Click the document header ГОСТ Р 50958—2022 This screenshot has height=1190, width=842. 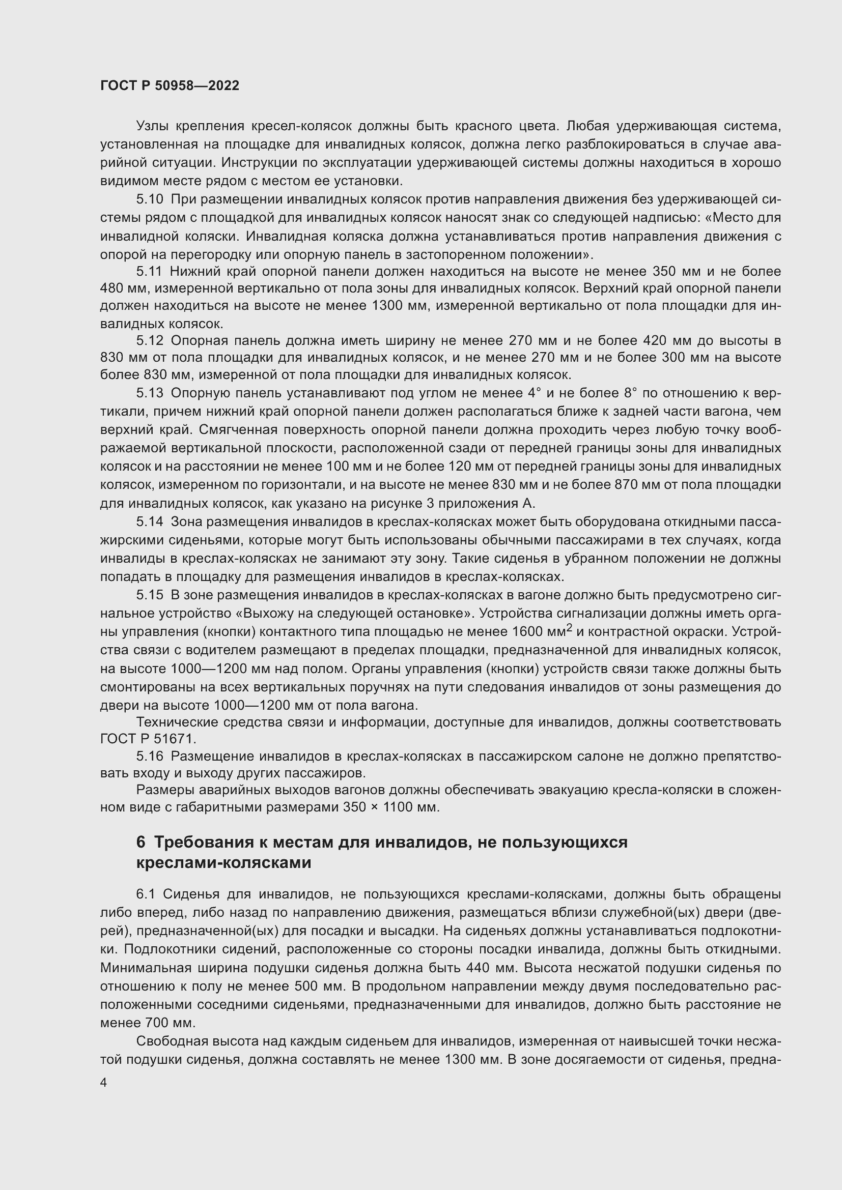170,86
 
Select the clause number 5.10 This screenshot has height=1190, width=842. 149,199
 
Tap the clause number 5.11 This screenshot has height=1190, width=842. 149,272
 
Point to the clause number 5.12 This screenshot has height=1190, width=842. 149,340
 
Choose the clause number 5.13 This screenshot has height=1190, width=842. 149,393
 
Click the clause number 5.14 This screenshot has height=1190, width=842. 149,522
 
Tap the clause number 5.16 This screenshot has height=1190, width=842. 149,757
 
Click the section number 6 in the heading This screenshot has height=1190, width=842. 141,842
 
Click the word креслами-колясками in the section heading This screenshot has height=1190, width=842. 223,863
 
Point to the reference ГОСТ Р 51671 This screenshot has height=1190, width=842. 148,739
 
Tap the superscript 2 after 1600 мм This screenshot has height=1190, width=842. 569,628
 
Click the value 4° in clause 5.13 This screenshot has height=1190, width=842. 534,393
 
